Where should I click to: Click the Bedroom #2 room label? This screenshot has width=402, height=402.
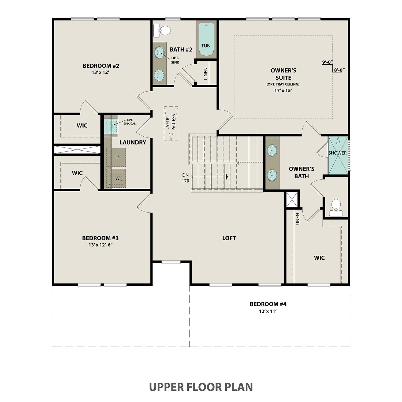(x=101, y=66)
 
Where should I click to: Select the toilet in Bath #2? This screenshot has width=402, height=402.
(x=162, y=31)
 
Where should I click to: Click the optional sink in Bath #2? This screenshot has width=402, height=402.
(x=160, y=52)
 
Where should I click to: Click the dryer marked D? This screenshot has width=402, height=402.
(x=117, y=157)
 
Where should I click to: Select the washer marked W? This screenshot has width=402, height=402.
(x=117, y=178)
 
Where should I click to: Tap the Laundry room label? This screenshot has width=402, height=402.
(x=133, y=142)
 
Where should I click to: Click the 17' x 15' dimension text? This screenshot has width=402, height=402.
(x=283, y=90)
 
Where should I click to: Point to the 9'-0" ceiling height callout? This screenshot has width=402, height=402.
(x=327, y=62)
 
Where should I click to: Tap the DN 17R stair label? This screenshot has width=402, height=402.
(x=185, y=178)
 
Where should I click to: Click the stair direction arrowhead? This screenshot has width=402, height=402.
(x=227, y=177)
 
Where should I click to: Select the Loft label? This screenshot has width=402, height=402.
(x=229, y=238)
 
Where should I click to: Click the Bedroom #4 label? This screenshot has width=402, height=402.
(x=268, y=304)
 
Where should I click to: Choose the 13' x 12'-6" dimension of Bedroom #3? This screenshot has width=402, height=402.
(x=100, y=245)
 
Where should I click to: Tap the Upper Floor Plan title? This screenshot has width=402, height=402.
(x=201, y=387)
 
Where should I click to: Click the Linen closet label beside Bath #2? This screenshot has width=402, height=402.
(x=206, y=74)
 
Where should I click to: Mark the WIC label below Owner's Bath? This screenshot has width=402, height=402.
(x=319, y=258)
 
